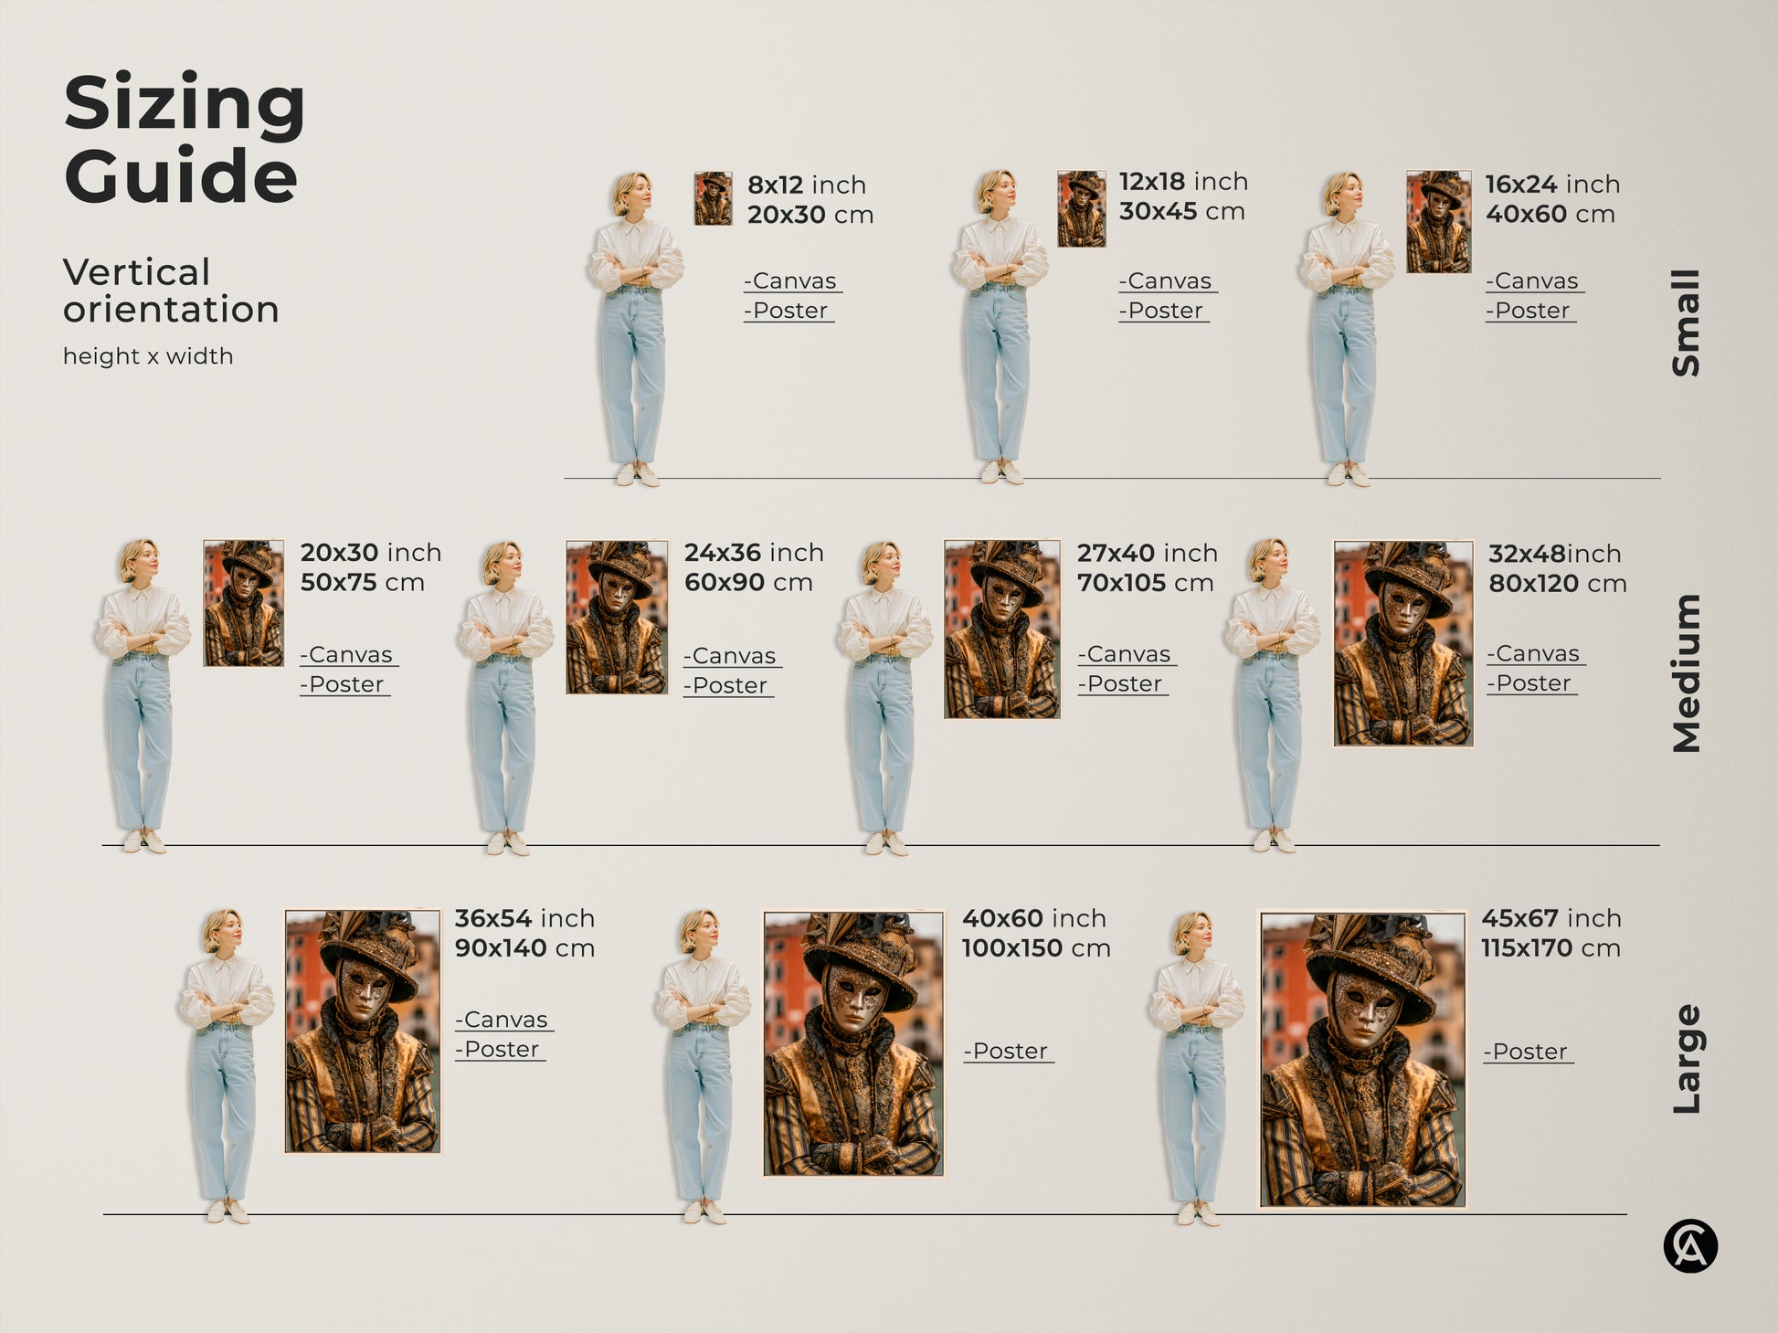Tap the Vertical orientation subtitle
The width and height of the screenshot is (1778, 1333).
click(x=171, y=291)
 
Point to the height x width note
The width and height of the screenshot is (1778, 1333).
click(x=148, y=356)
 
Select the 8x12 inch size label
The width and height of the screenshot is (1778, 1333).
click(x=806, y=185)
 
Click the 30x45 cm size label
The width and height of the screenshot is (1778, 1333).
click(x=1181, y=212)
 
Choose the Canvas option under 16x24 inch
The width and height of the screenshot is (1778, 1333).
click(x=1535, y=281)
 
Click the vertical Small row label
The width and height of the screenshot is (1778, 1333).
click(x=1687, y=323)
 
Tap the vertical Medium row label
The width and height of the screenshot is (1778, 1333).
click(x=1687, y=673)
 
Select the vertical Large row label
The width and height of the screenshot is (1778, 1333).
click(x=1687, y=1059)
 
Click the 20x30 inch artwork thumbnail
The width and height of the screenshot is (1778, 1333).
click(x=243, y=603)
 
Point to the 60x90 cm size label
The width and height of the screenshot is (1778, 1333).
click(x=748, y=583)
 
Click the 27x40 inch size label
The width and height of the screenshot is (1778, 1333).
click(x=1147, y=554)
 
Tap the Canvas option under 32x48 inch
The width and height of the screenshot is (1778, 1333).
click(x=1536, y=654)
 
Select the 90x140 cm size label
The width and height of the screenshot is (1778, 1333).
click(x=524, y=948)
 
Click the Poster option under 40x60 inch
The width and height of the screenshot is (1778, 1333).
click(x=1009, y=1052)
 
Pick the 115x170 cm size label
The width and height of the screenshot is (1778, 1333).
click(x=1550, y=948)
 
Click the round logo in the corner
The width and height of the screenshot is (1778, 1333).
click(x=1690, y=1246)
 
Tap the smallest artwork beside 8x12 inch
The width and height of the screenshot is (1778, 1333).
click(x=713, y=198)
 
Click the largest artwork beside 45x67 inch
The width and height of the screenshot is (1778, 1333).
click(x=1362, y=1060)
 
